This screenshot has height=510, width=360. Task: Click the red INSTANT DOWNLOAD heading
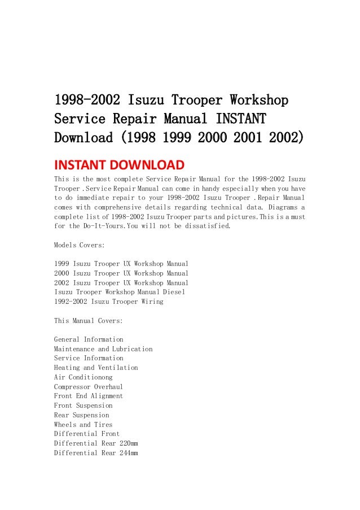118,165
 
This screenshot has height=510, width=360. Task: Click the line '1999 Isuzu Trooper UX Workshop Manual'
121,264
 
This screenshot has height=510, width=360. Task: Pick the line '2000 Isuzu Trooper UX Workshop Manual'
121,273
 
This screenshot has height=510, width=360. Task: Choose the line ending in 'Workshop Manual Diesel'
119,292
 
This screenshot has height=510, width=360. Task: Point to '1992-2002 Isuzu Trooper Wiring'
108,302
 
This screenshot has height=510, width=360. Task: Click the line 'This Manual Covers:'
88,321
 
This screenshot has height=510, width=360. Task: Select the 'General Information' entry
88,339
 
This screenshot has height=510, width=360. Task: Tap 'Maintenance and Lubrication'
103,349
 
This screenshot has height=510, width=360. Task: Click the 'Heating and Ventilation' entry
95,368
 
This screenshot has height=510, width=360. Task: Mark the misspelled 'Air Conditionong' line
83,377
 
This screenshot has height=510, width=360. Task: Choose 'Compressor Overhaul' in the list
88,387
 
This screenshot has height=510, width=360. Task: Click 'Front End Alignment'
88,396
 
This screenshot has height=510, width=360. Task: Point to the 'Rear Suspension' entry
81,415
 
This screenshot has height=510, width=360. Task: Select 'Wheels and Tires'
83,425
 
